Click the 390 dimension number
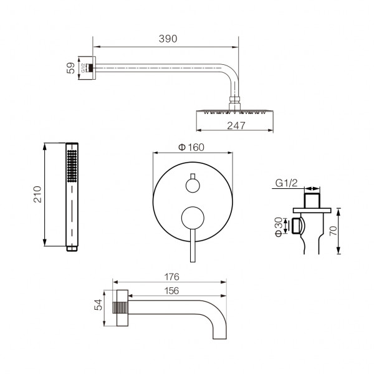tap(168, 39)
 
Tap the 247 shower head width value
tap(236, 125)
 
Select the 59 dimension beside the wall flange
tap(71, 68)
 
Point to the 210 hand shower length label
tap(37, 194)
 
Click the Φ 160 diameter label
tap(191, 147)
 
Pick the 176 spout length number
tap(172, 277)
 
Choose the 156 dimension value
tap(172, 290)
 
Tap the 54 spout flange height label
tap(98, 305)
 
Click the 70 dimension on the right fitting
tap(333, 231)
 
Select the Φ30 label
tap(279, 227)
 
